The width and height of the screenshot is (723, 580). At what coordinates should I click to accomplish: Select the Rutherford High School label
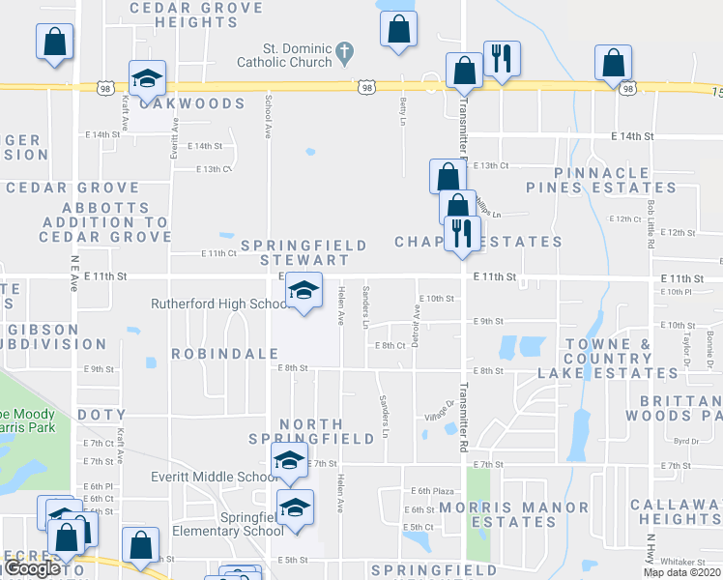pos(218,304)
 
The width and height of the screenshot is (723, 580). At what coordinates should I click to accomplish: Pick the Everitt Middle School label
pos(216,477)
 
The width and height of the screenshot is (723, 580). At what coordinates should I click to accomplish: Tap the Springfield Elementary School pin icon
pos(295,506)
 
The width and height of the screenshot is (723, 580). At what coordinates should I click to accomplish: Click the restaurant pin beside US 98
pos(502,60)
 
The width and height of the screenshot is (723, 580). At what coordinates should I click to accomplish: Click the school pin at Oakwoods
pos(147,78)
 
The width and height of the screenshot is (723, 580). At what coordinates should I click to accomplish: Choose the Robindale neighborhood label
pos(225,354)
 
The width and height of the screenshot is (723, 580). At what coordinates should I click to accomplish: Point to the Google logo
pos(31,568)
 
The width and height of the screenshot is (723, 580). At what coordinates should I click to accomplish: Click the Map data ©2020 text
pos(682,572)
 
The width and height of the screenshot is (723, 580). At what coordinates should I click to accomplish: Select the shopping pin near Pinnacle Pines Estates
pos(614,64)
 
